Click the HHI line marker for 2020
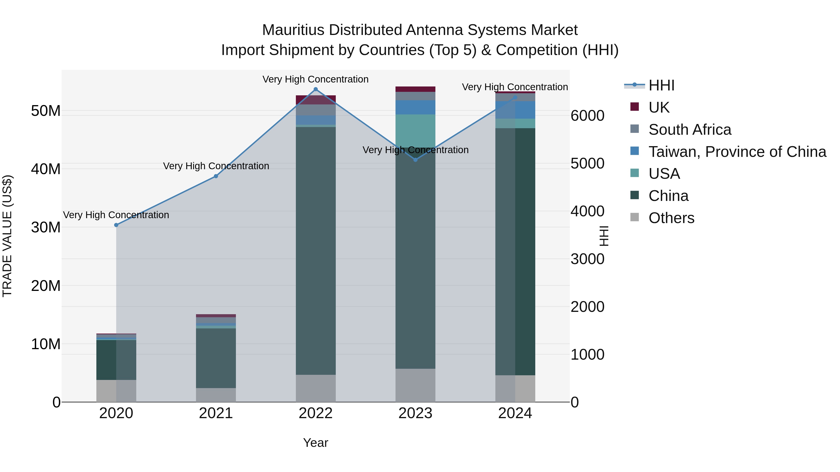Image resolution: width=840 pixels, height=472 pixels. (116, 225)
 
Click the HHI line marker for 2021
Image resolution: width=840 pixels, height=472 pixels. (216, 176)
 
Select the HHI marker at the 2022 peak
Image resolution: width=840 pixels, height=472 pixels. (316, 89)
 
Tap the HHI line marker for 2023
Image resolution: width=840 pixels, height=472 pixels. (415, 160)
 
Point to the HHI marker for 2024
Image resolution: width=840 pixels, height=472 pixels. (515, 97)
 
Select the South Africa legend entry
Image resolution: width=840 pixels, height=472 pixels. (690, 130)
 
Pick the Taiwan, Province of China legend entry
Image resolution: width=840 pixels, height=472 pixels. (737, 152)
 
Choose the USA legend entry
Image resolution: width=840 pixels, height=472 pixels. (664, 174)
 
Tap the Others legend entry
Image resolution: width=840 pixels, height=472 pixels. (671, 218)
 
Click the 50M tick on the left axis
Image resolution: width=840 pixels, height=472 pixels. (46, 111)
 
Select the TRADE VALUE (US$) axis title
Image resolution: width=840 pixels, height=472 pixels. (7, 236)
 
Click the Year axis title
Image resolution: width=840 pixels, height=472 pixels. (316, 443)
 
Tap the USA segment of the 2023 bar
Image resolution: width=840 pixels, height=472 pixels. (415, 130)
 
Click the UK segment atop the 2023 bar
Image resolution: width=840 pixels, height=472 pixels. (415, 89)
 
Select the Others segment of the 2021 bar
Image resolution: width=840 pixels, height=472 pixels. (216, 395)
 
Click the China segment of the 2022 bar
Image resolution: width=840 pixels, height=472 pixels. (316, 251)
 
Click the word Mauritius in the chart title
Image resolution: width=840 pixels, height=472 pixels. (294, 30)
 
